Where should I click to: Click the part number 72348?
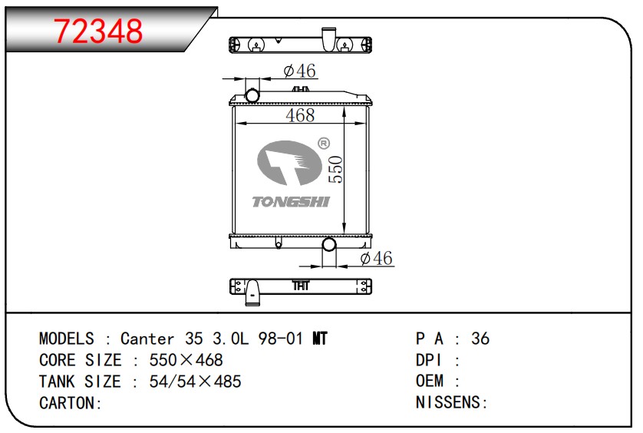point(98,31)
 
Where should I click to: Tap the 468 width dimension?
point(300,115)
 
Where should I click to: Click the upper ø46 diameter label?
point(299,71)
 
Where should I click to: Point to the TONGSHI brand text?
point(291,202)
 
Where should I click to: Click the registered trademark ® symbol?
point(323,143)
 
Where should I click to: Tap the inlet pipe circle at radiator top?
point(252,95)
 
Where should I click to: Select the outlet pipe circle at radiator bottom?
point(329,245)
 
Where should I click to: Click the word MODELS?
point(67,339)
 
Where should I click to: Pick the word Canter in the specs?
point(147,339)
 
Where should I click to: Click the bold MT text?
point(321,339)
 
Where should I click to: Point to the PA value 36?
point(480,339)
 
